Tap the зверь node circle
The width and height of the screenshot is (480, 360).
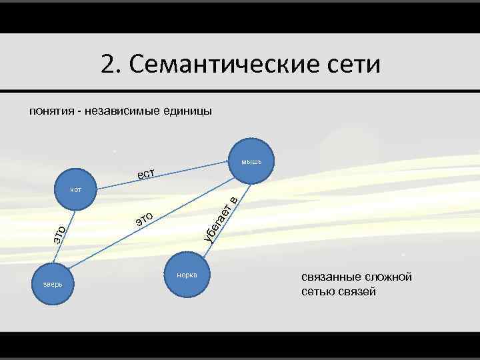(x=53, y=284)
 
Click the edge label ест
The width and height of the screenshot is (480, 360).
(x=146, y=174)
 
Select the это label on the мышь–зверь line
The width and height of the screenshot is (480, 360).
(x=145, y=218)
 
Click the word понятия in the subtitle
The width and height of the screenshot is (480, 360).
(x=50, y=111)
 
